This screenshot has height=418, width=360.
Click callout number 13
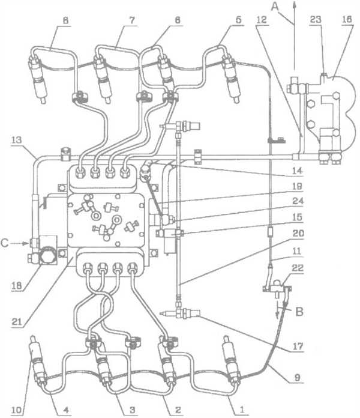pyautogui.click(x=17, y=140)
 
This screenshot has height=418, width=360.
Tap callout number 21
pyautogui.click(x=17, y=321)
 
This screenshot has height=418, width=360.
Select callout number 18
pyautogui.click(x=17, y=285)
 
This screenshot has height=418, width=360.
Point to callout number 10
pyautogui.click(x=17, y=410)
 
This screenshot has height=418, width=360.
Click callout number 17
pyautogui.click(x=298, y=346)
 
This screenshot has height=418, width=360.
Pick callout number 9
pyautogui.click(x=298, y=377)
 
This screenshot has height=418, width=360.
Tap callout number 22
pyautogui.click(x=298, y=268)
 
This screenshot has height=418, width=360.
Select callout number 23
pyautogui.click(x=316, y=19)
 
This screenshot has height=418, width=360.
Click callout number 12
pyautogui.click(x=262, y=19)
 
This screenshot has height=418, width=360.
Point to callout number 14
pyautogui.click(x=298, y=171)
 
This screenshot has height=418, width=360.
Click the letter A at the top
pyautogui.click(x=275, y=7)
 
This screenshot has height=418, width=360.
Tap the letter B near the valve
pyautogui.click(x=299, y=312)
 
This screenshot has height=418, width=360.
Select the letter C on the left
pyautogui.click(x=5, y=243)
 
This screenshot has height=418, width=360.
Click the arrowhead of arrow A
pyautogui.click(x=295, y=4)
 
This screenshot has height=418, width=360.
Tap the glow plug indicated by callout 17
pyautogui.click(x=180, y=313)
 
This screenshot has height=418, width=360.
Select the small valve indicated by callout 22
pyautogui.click(x=277, y=288)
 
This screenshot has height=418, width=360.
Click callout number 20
pyautogui.click(x=298, y=234)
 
